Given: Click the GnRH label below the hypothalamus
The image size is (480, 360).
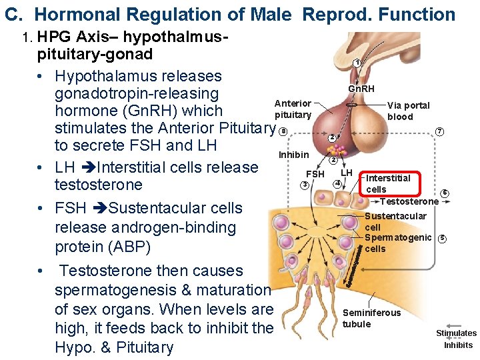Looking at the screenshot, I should point(361,89).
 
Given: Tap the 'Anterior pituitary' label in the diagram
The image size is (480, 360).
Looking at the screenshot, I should point(293,109).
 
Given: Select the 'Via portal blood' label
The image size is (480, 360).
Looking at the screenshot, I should point(408,111).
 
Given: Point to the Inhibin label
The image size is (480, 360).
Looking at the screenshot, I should point(293,155).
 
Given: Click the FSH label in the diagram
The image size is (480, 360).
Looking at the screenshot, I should point(315,174).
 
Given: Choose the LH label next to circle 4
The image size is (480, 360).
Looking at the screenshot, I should point(347,173).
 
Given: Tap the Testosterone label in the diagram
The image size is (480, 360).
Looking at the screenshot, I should point(409,201).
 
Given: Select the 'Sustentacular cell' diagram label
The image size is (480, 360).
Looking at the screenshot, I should point(395,221).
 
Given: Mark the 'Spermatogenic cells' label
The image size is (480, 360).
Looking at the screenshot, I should point(398,243).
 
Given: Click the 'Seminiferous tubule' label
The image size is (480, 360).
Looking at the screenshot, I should point(371,318).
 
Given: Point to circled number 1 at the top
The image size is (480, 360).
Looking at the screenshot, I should point(358,63).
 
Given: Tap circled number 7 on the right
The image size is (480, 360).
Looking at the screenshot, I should point(439,131).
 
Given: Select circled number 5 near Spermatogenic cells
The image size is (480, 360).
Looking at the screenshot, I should point(442,239).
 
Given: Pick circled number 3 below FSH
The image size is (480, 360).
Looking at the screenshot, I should point(304,185).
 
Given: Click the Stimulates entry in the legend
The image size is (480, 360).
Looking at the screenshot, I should point(456,333).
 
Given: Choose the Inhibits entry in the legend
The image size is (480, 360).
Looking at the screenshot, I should point(458,345).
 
